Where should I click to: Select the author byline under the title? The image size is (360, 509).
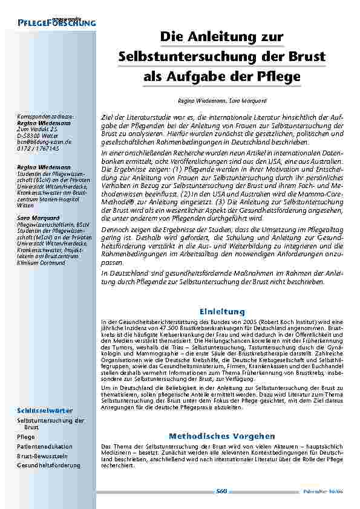222,100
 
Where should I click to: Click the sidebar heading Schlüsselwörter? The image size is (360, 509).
46,410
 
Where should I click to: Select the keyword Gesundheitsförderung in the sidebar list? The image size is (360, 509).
49,465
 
